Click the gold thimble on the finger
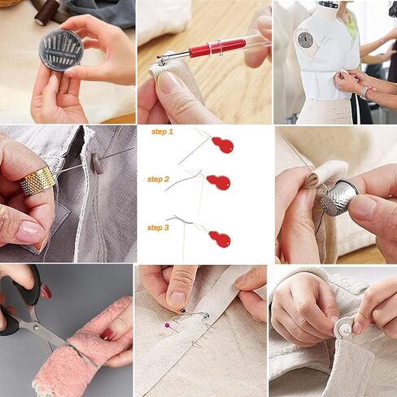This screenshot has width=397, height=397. [38, 181]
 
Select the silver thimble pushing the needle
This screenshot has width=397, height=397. [339, 198]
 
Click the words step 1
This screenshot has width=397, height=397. [162, 132]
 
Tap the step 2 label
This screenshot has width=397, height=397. [158, 180]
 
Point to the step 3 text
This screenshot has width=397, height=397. [158, 228]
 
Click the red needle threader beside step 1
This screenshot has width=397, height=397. [223, 145]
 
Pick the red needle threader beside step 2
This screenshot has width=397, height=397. [219, 182]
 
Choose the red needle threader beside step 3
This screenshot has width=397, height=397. [220, 238]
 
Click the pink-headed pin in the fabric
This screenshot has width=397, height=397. [167, 325]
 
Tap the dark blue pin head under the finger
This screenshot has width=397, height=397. [184, 311]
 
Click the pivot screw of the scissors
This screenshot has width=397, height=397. [36, 329]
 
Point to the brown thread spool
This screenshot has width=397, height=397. [46, 12]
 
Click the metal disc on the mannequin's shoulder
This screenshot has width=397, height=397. [306, 40]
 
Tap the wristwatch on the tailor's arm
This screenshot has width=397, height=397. [364, 93]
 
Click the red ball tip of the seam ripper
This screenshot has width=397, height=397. [158, 57]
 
